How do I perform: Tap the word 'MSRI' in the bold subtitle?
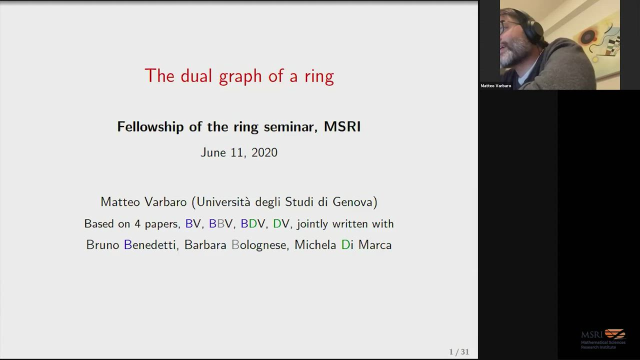pos(342,126)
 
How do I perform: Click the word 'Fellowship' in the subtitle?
pos(150,127)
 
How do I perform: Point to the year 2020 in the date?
pos(264,152)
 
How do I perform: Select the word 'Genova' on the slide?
pos(353,202)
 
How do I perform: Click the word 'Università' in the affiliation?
pos(223,202)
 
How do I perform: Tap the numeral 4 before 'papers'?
pos(137,223)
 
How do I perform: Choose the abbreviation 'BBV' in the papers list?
pos(220,223)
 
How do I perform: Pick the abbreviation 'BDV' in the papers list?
pos(252,223)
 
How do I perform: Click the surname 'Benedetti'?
pos(150,245)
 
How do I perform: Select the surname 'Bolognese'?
pos(259,245)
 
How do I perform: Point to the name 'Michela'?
pos(315,245)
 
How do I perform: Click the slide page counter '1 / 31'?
pos(459,351)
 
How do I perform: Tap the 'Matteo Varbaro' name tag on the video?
pos(495,85)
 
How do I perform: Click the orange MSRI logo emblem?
pos(615,333)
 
